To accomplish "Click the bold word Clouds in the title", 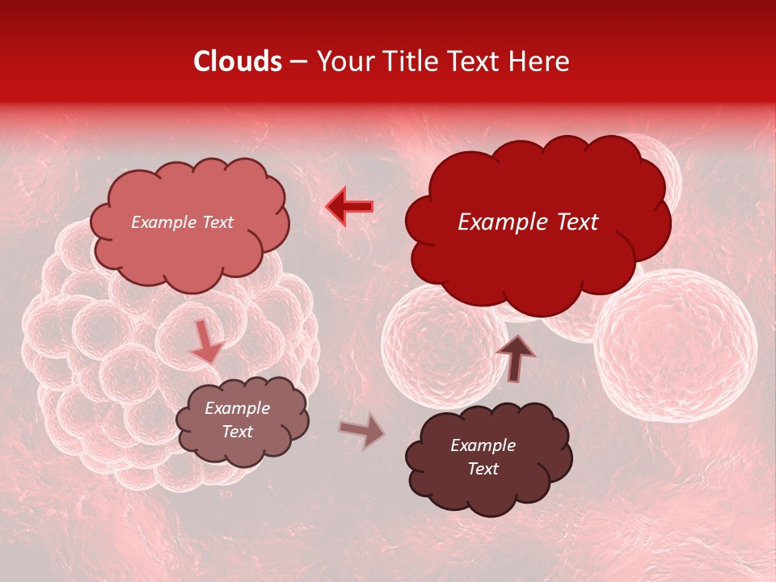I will pos(238,61).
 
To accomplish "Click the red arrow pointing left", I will pos(349,207).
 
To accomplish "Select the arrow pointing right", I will pos(362,431).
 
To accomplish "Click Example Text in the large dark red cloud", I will pos(528,222).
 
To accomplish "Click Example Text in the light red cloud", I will pos(182,222).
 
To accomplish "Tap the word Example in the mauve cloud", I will pos(237,408).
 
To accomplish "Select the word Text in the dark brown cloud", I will pos(483,469).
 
